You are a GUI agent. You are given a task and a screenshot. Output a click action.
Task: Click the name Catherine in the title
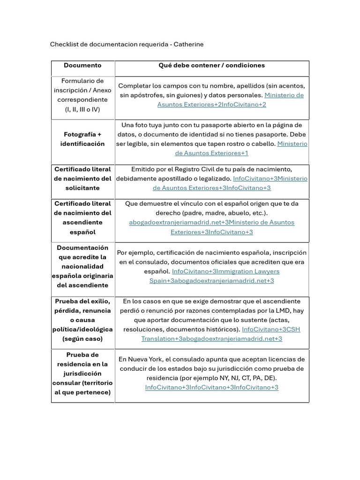[188, 45]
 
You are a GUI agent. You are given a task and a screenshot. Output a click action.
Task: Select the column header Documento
[82, 66]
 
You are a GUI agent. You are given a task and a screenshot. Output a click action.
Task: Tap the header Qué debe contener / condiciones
[211, 66]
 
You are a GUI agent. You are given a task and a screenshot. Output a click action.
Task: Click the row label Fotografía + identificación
[82, 139]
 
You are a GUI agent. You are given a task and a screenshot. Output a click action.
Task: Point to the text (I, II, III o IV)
[82, 109]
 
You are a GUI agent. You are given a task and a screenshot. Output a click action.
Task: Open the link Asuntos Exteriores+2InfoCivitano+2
[211, 105]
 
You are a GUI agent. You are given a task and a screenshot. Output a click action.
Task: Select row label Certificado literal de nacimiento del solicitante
[82, 179]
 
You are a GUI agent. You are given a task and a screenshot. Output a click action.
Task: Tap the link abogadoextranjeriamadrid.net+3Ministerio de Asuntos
[211, 223]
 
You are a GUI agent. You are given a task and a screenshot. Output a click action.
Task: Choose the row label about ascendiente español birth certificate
[82, 218]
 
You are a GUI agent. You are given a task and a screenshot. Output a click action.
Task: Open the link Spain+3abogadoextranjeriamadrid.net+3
[211, 281]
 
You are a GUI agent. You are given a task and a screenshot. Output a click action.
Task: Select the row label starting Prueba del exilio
[82, 320]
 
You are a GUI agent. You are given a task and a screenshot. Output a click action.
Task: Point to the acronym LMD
[281, 311]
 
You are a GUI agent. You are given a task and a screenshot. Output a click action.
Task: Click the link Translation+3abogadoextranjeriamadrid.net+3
[211, 339]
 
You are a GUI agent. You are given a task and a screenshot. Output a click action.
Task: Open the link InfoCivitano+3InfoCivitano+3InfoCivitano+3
[211, 388]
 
